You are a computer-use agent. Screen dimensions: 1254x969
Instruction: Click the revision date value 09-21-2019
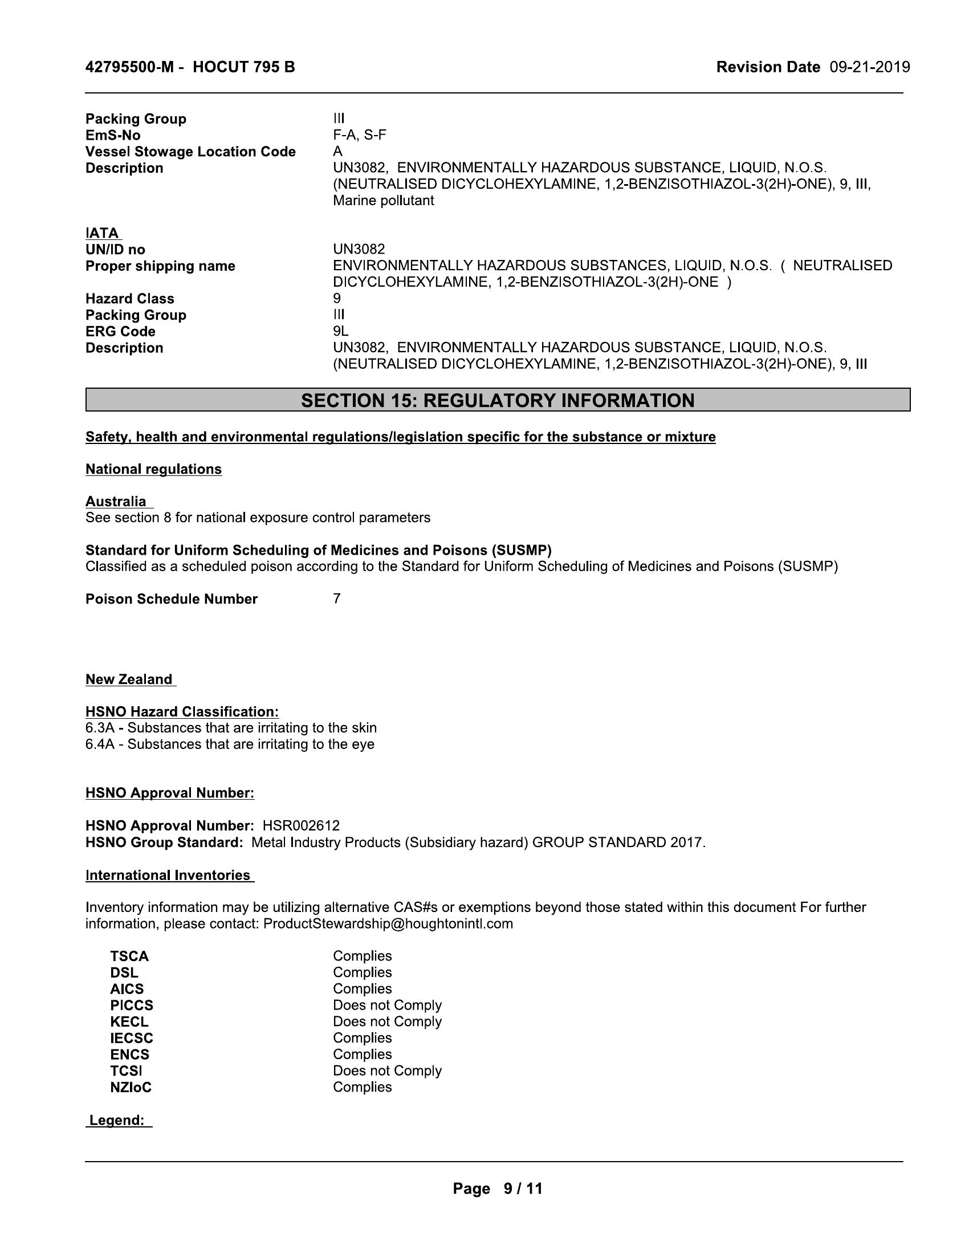[x=870, y=67]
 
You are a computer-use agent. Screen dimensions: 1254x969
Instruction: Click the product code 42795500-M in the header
[x=129, y=67]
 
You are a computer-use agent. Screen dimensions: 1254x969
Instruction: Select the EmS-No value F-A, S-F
[x=359, y=135]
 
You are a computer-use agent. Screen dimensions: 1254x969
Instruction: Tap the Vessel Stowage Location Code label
[x=190, y=152]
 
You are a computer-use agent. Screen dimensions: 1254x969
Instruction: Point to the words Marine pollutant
[x=384, y=201]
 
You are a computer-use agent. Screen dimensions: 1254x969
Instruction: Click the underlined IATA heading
[x=103, y=233]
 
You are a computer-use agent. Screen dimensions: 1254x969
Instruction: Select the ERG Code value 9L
[x=340, y=331]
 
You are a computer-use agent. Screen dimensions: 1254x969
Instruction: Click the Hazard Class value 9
[x=337, y=299]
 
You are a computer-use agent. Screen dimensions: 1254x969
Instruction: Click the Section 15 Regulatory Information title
[x=498, y=400]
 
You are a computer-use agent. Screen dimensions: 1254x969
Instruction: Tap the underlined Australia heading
[x=116, y=501]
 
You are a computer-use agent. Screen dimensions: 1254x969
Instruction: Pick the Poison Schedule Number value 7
[x=337, y=599]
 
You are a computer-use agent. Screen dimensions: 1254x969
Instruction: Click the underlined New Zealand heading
[x=130, y=679]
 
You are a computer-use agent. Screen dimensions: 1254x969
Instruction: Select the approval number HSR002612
[x=302, y=826]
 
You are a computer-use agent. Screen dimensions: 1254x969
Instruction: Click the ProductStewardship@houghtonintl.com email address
[x=388, y=924]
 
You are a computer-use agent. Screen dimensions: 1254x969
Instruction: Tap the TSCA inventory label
[x=130, y=956]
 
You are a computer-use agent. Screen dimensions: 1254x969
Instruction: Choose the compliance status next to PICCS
[x=388, y=1005]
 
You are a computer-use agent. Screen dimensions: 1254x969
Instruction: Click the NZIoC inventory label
[x=131, y=1087]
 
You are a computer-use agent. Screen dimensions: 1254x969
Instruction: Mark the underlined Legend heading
[x=117, y=1120]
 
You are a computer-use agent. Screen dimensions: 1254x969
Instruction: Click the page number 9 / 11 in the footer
[x=522, y=1188]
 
